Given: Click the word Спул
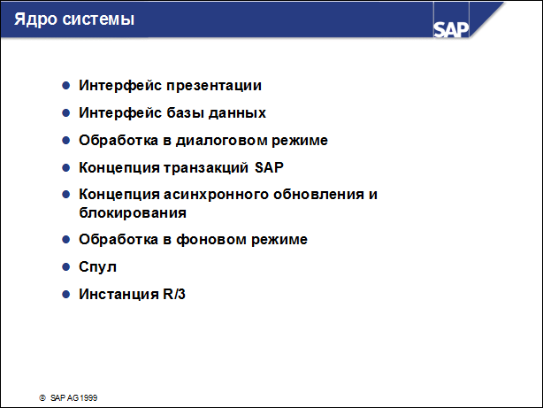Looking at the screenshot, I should point(97,266).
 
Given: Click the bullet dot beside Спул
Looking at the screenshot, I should point(65,266).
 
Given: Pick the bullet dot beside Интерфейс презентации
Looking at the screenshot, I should point(65,86).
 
